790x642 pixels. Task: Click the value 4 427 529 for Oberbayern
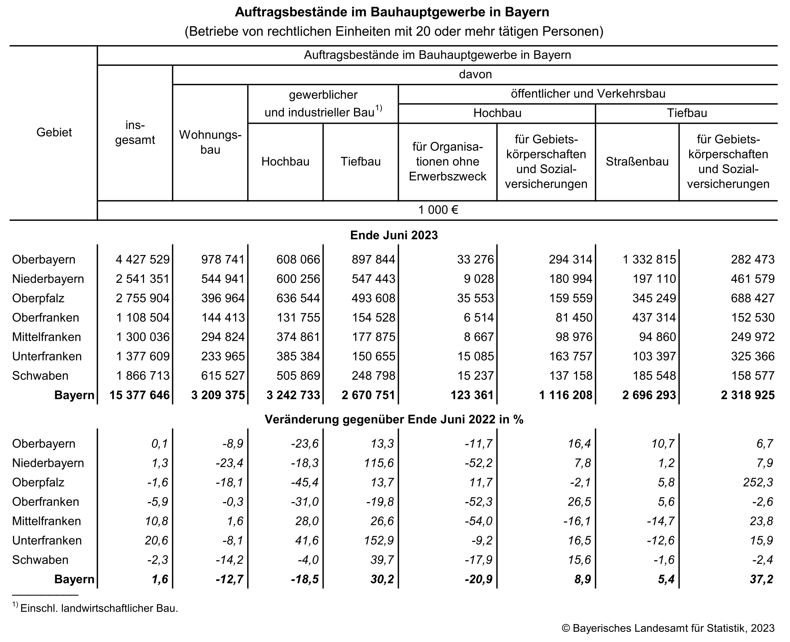pyautogui.click(x=143, y=259)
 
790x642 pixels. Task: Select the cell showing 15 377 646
pyautogui.click(x=140, y=395)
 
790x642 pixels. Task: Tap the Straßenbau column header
pyautogui.click(x=637, y=162)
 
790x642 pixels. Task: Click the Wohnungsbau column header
pyautogui.click(x=210, y=142)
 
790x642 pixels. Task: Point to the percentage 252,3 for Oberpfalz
pyautogui.click(x=758, y=482)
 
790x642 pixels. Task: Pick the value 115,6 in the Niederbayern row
pyautogui.click(x=379, y=463)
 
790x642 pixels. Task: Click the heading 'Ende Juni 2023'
pyautogui.click(x=394, y=235)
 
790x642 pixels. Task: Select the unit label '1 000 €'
pyautogui.click(x=438, y=210)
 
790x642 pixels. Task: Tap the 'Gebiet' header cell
pyautogui.click(x=54, y=132)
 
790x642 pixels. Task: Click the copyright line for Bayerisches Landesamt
pyautogui.click(x=668, y=628)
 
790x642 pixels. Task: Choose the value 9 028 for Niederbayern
pyautogui.click(x=478, y=279)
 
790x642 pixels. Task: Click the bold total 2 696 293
pyautogui.click(x=649, y=395)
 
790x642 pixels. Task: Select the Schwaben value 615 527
pyautogui.click(x=223, y=375)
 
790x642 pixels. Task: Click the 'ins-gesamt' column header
pyautogui.click(x=135, y=132)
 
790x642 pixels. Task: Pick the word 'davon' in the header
pyautogui.click(x=475, y=74)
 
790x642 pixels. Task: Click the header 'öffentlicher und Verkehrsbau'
pyautogui.click(x=588, y=94)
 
